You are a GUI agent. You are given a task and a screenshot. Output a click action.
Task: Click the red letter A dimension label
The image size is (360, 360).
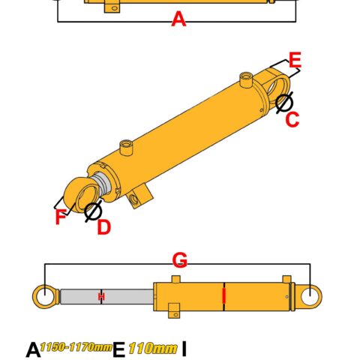click(x=178, y=19)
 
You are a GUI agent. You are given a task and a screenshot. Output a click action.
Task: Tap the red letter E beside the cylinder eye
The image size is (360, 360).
click(x=295, y=60)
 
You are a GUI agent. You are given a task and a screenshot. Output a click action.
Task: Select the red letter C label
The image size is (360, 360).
click(x=292, y=119)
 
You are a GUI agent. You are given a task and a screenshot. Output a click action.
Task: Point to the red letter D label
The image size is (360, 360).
click(x=103, y=227)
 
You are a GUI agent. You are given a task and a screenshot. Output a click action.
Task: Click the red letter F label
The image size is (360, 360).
click(x=61, y=217)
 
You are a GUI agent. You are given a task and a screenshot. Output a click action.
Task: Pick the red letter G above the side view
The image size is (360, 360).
click(x=180, y=260)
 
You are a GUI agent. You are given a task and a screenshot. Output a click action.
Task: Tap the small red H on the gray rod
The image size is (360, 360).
click(x=101, y=297)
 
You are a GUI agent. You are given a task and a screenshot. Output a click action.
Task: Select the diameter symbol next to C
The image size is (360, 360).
click(x=284, y=103)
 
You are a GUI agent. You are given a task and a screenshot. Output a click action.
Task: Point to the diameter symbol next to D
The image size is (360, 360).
click(x=93, y=211)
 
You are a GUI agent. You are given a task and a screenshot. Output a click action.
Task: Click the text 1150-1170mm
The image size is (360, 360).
click(x=76, y=347)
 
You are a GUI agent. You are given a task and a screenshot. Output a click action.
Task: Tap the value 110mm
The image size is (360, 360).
click(x=153, y=349)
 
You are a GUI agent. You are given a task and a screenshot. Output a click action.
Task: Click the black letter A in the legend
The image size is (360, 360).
click(x=33, y=349)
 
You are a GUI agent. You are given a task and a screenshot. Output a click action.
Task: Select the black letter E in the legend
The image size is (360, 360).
click(x=119, y=349)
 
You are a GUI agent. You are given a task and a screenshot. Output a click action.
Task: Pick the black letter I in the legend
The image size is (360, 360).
click(x=184, y=349)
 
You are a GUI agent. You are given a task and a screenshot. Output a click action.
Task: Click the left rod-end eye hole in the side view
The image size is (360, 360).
click(x=45, y=296)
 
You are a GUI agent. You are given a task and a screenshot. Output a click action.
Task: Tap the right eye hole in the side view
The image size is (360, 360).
click(x=310, y=296)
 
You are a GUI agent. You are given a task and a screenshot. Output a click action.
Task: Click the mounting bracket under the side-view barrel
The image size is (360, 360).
click(x=174, y=310)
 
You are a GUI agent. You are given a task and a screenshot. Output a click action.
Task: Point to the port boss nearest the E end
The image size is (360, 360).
click(x=246, y=79)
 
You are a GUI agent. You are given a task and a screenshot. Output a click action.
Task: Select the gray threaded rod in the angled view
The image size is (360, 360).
click(x=102, y=182)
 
